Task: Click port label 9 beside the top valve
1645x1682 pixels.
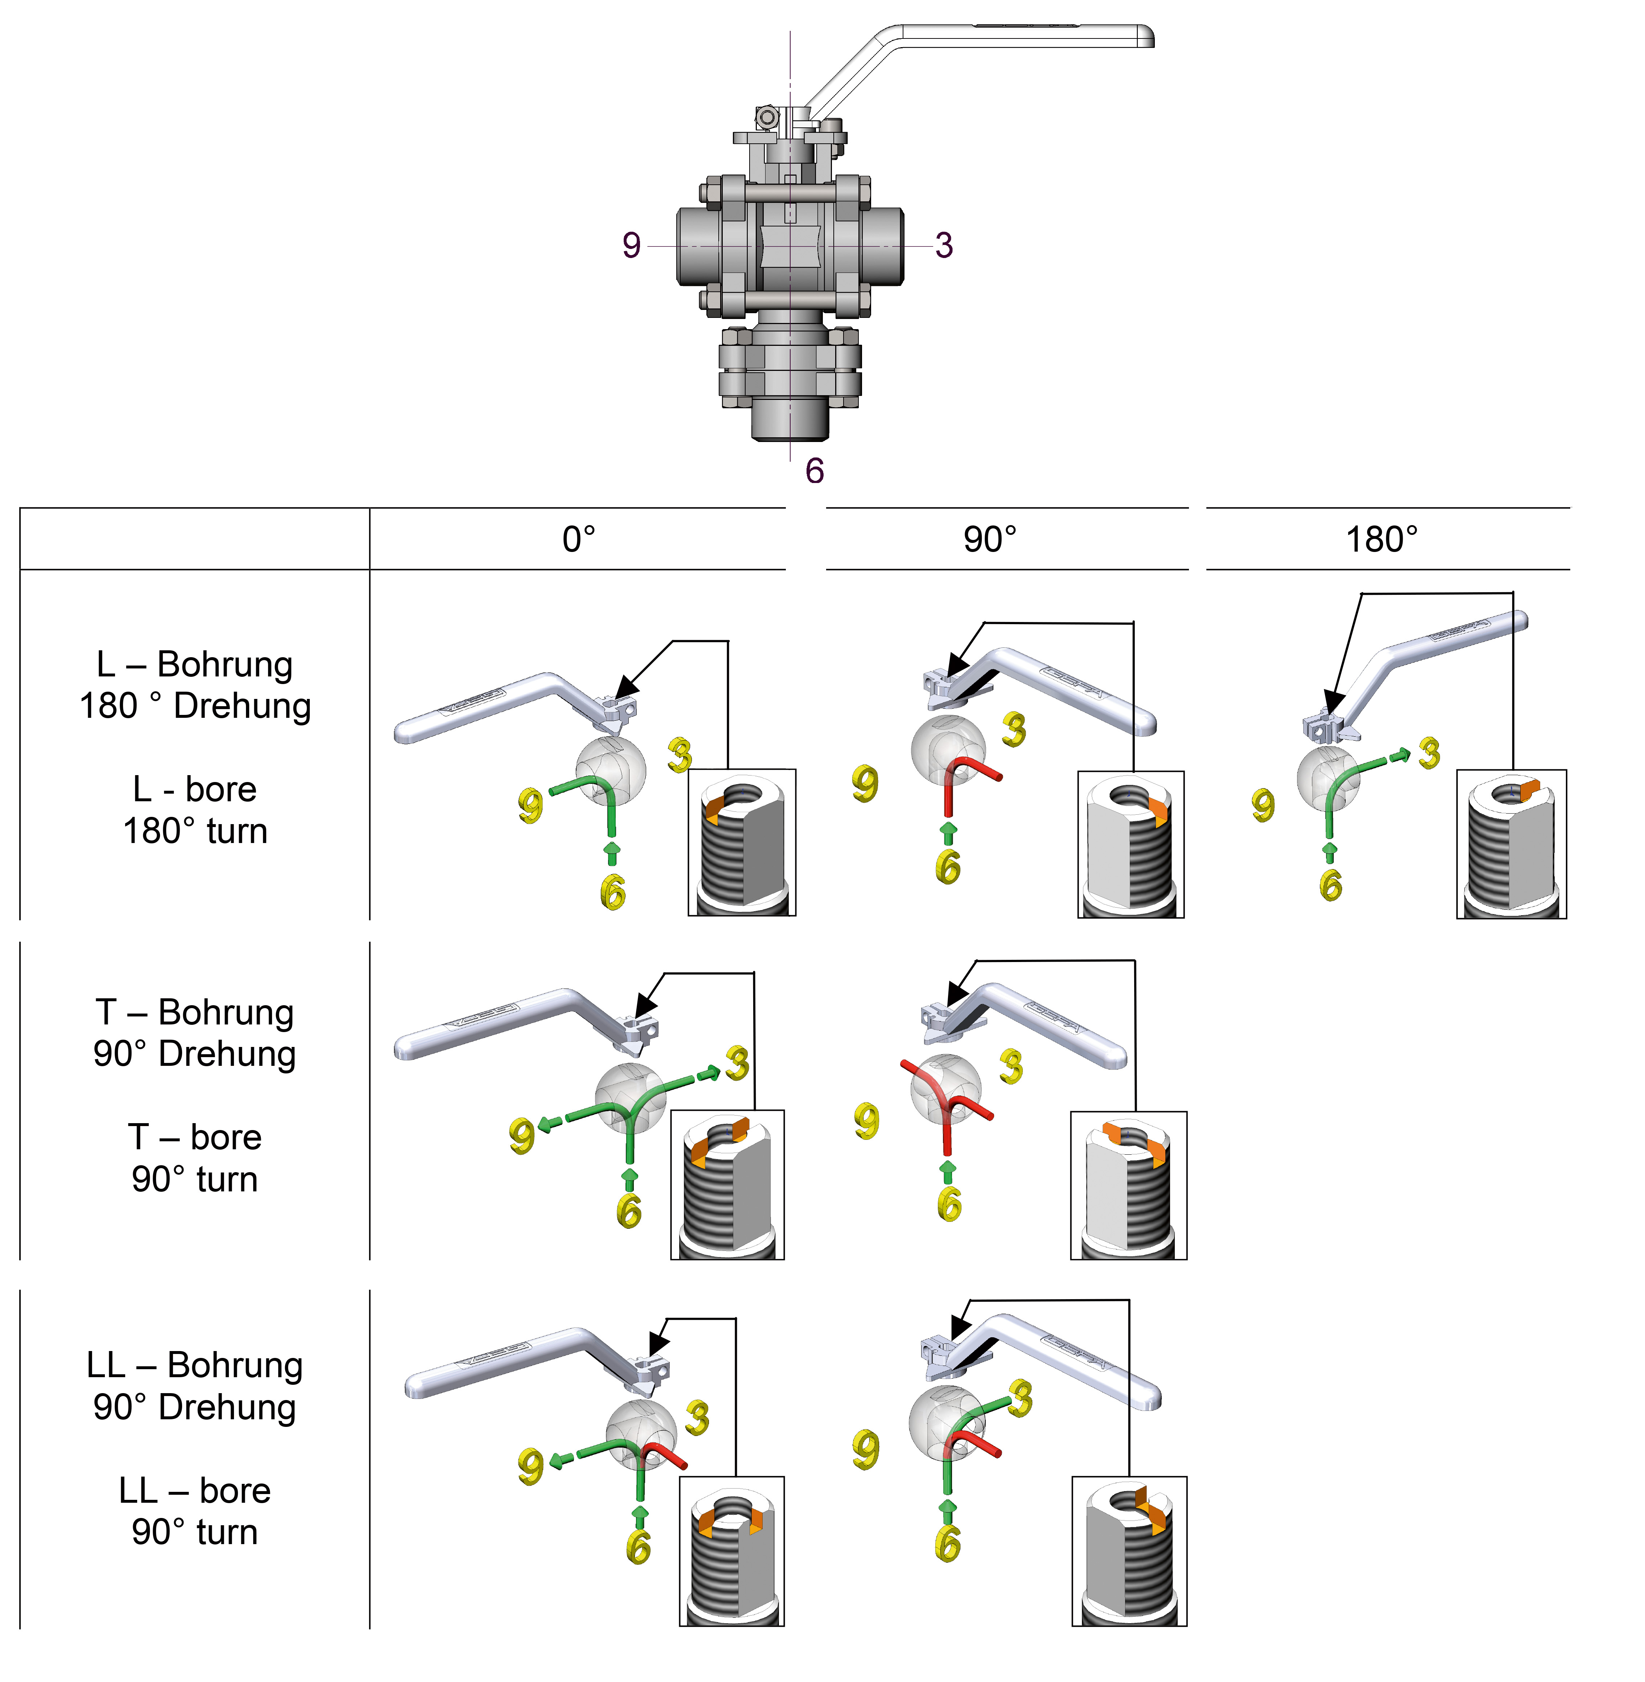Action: pos(632,245)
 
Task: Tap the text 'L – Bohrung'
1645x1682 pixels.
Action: pos(194,664)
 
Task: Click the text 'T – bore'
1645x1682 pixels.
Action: pos(194,1137)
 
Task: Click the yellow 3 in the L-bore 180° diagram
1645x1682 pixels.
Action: pos(1429,753)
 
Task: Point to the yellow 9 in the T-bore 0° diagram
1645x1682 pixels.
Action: pos(521,1135)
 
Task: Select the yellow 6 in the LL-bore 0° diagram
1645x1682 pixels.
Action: pos(639,1546)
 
